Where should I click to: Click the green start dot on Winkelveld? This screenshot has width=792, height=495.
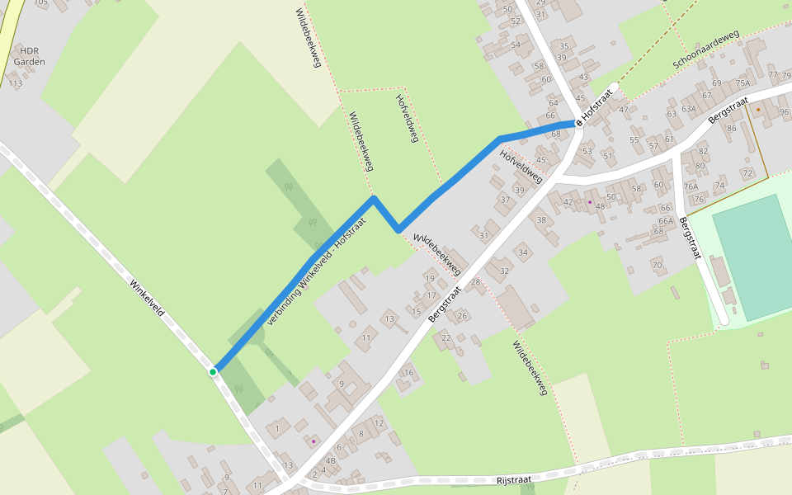[x=213, y=372]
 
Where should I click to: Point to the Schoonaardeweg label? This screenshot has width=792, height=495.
[x=705, y=51]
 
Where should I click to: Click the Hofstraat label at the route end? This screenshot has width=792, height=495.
[x=600, y=104]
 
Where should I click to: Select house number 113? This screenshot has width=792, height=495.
[x=15, y=83]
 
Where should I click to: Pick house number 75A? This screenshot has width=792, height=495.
[x=742, y=83]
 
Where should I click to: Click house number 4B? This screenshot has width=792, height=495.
[x=331, y=461]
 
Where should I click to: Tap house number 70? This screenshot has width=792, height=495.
[x=657, y=265]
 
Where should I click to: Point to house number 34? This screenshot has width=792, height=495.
[x=523, y=252]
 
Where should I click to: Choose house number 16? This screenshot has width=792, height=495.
[x=408, y=373]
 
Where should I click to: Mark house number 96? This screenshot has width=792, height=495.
[x=782, y=112]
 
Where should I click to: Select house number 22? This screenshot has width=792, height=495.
[x=446, y=337]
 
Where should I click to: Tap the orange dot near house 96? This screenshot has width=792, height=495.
[x=758, y=109]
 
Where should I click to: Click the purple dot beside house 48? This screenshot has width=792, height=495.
[x=590, y=201]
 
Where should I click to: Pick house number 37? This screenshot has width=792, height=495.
[x=505, y=200]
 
